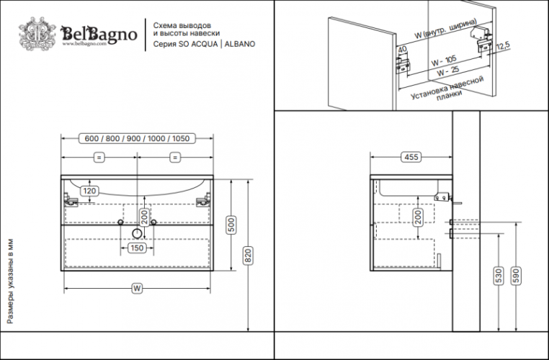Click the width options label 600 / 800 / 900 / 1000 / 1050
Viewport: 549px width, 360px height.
138,138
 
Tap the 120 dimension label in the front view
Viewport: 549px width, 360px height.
89,191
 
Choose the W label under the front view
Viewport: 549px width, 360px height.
135,289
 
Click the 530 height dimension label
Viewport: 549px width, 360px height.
498,275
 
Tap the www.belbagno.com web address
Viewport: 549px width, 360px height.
85,43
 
